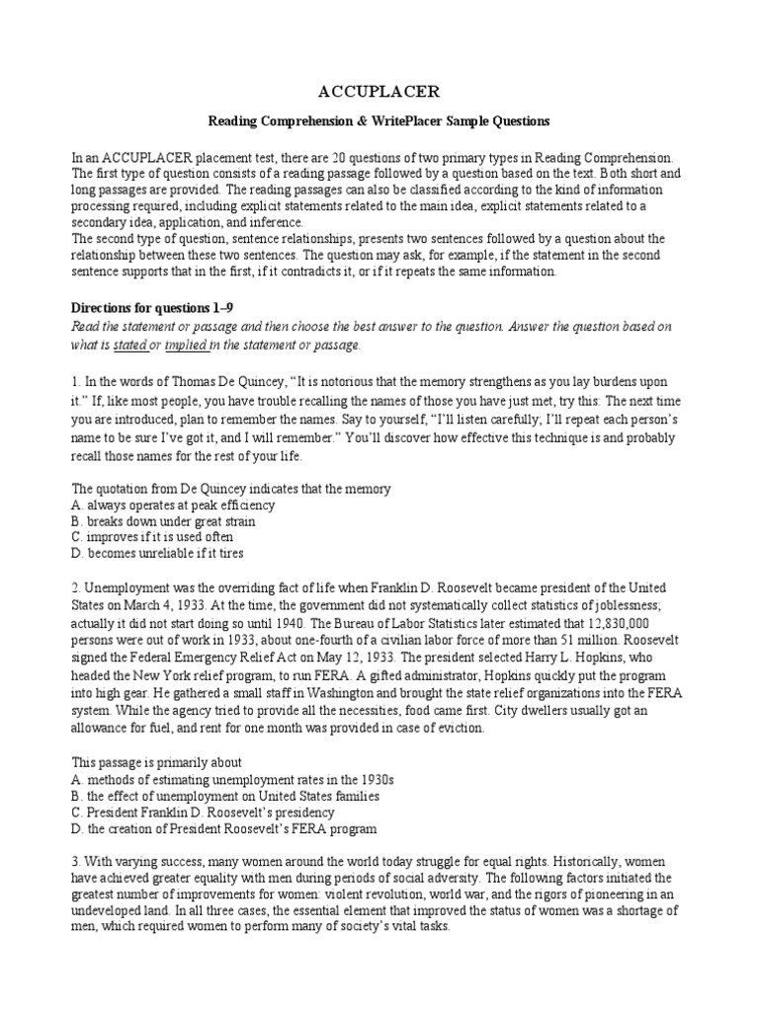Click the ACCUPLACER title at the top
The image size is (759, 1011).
(x=379, y=92)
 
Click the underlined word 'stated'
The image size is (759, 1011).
(x=129, y=345)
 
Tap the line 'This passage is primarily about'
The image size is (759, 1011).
(x=157, y=762)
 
